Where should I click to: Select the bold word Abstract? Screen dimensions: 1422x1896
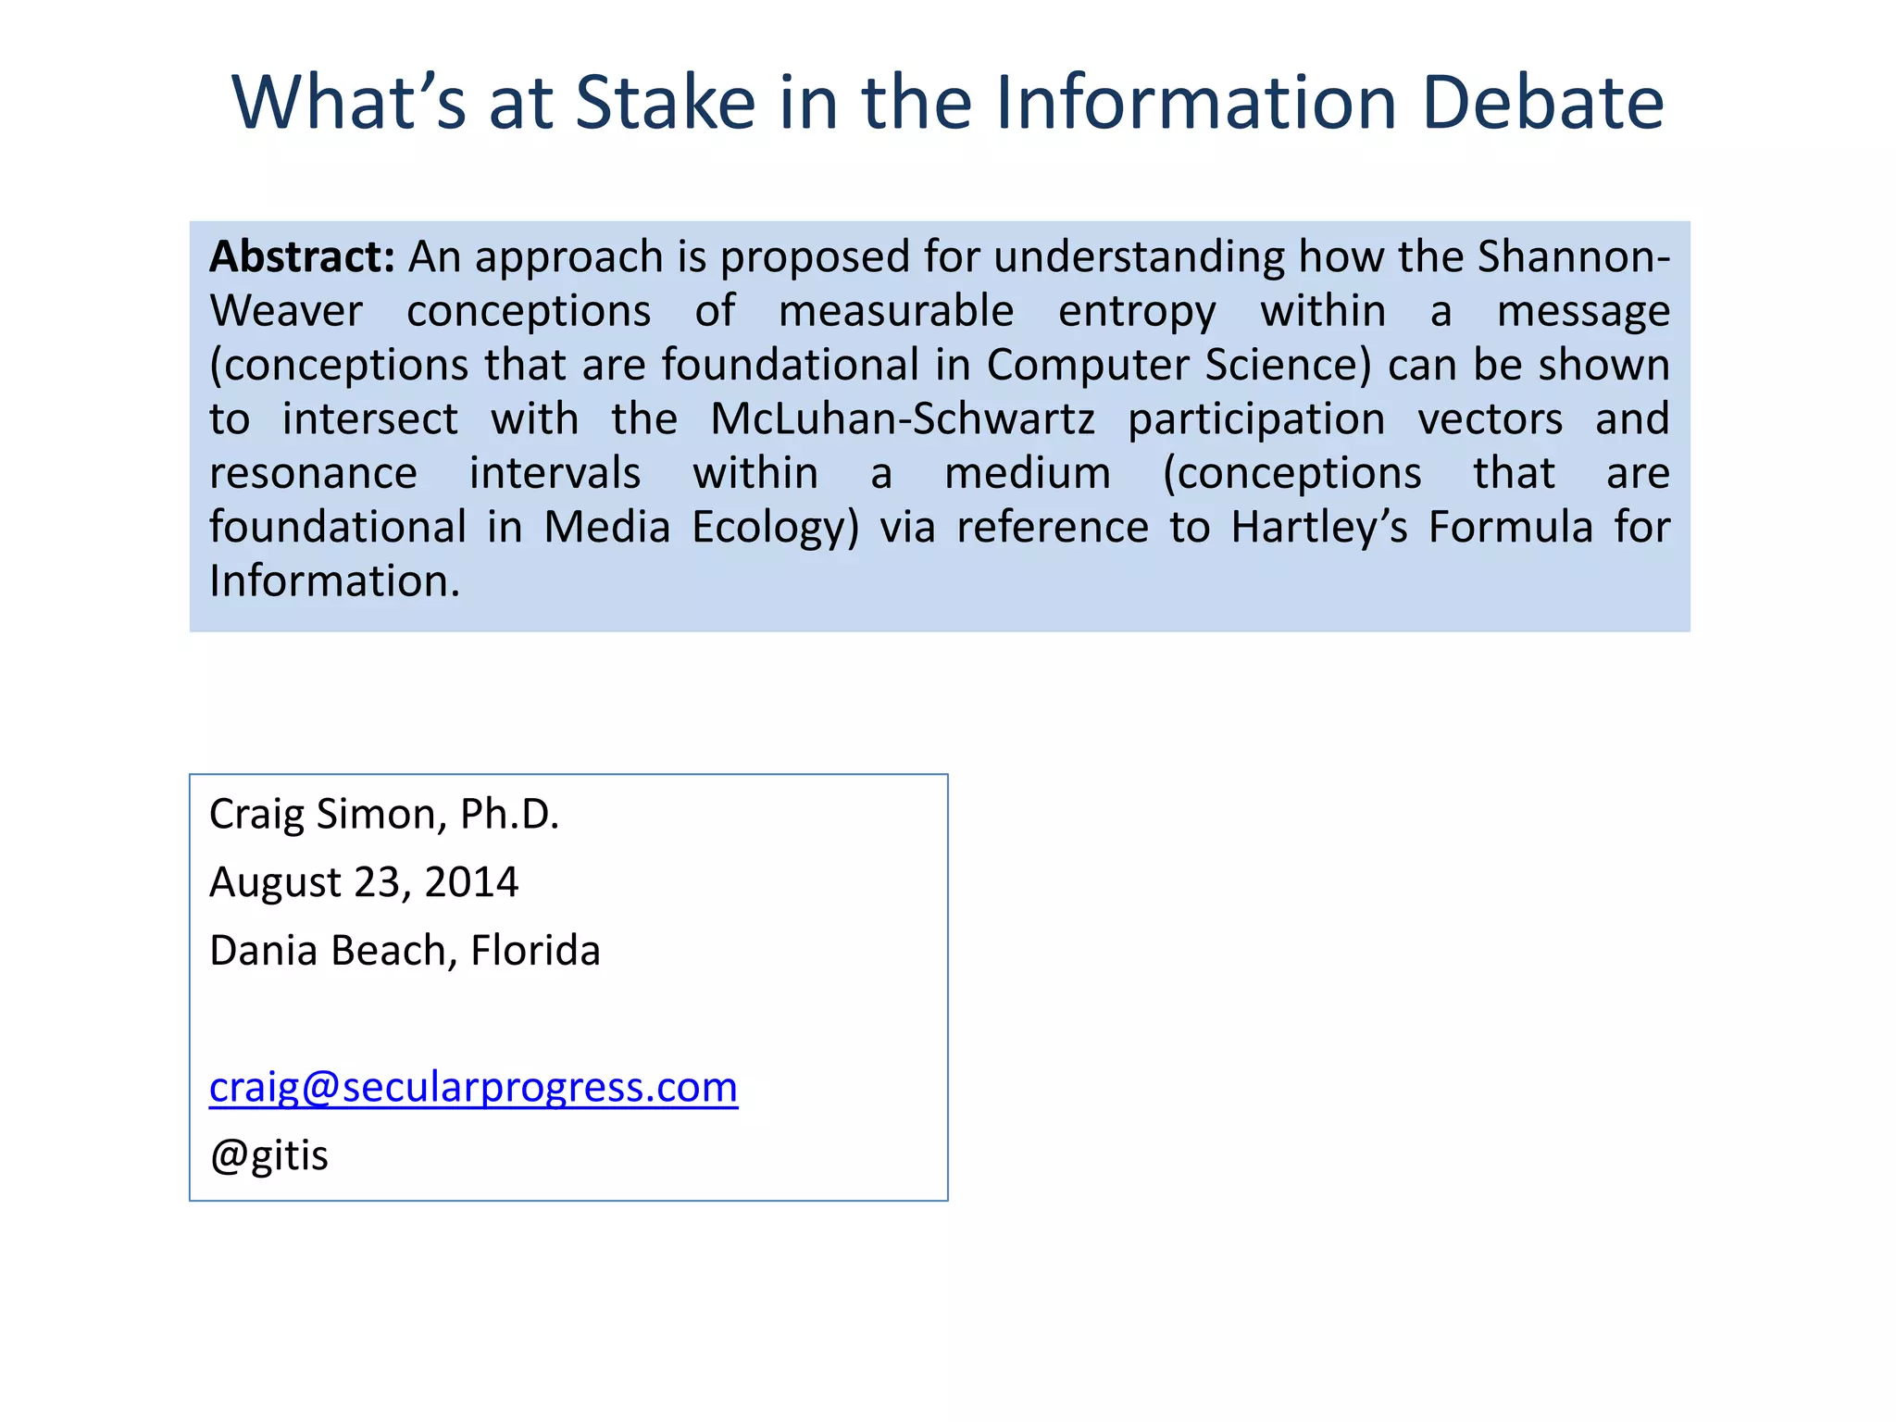click(x=302, y=256)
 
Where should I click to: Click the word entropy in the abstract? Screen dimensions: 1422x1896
click(x=1137, y=311)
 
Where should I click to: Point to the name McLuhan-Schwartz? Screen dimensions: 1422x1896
click(x=903, y=419)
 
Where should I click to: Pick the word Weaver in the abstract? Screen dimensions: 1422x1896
click(x=286, y=311)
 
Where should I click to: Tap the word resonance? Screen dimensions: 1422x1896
click(x=313, y=473)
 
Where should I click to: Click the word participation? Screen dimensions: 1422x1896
click(x=1256, y=419)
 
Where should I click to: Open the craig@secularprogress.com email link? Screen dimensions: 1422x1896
click(x=473, y=1087)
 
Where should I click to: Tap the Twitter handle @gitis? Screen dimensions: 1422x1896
click(x=268, y=1155)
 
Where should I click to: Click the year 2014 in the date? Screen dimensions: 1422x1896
click(x=471, y=882)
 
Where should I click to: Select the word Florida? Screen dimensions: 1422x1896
click(x=535, y=951)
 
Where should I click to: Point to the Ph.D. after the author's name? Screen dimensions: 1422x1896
click(x=509, y=815)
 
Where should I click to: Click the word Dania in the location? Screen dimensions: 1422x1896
click(x=263, y=951)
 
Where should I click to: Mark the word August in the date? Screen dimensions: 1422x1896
click(x=275, y=882)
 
